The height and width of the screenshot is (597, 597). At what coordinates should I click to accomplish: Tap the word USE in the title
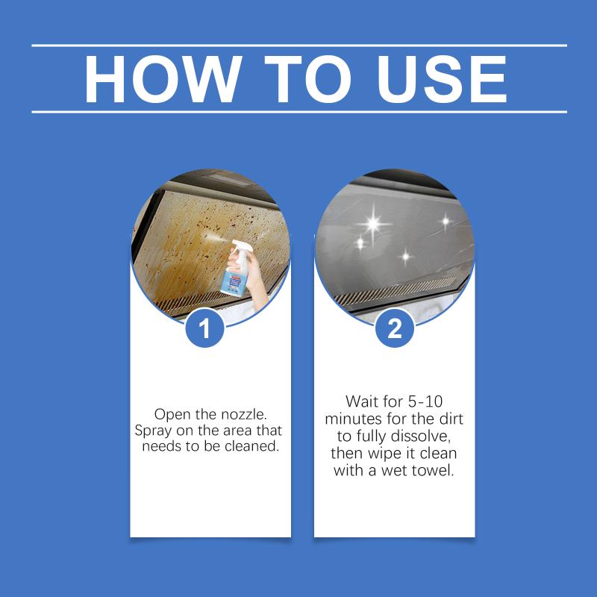point(441,79)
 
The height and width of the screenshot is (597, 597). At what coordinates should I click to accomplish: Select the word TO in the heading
point(307,79)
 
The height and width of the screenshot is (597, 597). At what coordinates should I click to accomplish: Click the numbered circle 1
point(204,328)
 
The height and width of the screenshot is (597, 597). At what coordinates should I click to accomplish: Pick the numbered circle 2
point(395,328)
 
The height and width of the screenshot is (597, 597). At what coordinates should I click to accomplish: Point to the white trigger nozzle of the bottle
point(237,247)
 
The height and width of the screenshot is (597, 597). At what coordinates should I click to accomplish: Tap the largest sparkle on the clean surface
point(374,223)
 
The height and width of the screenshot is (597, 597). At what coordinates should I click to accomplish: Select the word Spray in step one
point(153,431)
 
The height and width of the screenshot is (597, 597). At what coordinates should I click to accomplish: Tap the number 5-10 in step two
point(425,401)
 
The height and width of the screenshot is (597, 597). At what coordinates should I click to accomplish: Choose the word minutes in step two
point(353,419)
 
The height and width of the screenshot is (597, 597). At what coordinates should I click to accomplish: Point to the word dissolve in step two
point(421,436)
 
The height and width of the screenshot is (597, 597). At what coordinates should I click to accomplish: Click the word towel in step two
point(436,471)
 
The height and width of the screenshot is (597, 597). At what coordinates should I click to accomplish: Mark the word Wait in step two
point(360,401)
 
